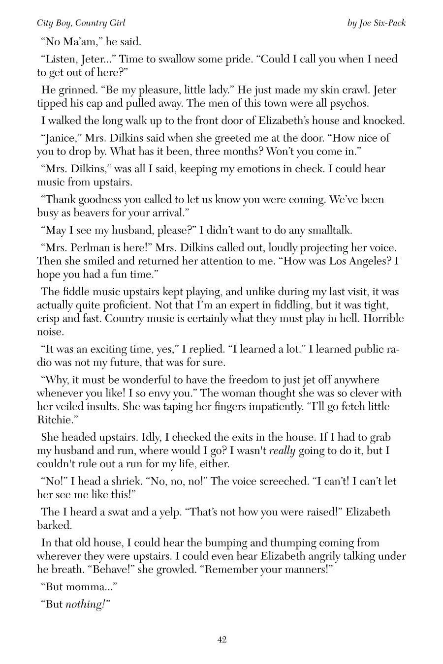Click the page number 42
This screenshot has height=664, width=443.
coord(221,639)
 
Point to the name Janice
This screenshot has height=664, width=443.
coord(60,138)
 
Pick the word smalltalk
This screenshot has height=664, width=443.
coord(328,230)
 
